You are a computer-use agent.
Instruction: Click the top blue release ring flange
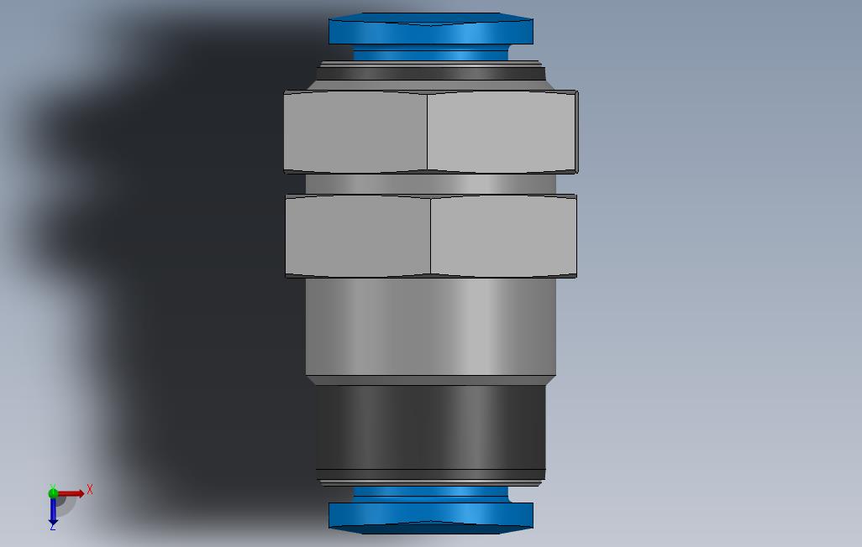click(x=431, y=29)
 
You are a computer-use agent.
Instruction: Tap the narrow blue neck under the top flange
click(x=431, y=55)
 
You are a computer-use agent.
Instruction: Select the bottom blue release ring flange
click(x=431, y=518)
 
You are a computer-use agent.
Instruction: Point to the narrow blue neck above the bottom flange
click(x=431, y=493)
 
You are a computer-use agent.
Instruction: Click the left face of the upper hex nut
click(x=355, y=132)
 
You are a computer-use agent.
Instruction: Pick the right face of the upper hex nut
click(x=502, y=132)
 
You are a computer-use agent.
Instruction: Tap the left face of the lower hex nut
click(x=358, y=236)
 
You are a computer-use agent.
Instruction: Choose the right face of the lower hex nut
click(x=503, y=236)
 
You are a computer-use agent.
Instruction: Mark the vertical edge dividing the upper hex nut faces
click(x=427, y=132)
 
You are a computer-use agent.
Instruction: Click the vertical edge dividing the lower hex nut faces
click(x=430, y=236)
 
